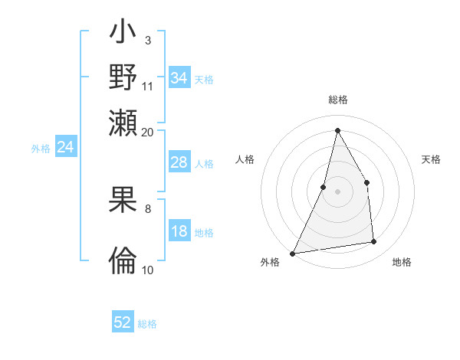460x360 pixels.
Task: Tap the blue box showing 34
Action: [x=179, y=78]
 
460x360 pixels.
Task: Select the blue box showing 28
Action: [x=179, y=162]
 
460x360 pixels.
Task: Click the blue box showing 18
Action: [x=179, y=232]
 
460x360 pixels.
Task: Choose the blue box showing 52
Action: [x=123, y=322]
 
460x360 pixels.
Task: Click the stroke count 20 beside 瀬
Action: [x=148, y=132]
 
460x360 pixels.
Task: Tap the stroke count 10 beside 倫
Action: [x=148, y=270]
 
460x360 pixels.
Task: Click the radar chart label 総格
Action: [x=337, y=100]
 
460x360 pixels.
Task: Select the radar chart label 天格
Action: [x=432, y=159]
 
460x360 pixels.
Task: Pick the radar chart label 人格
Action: [x=245, y=159]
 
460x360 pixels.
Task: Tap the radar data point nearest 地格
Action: [x=374, y=242]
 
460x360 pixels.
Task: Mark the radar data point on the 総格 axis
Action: [x=337, y=130]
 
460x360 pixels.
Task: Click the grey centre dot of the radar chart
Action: [x=337, y=191]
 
